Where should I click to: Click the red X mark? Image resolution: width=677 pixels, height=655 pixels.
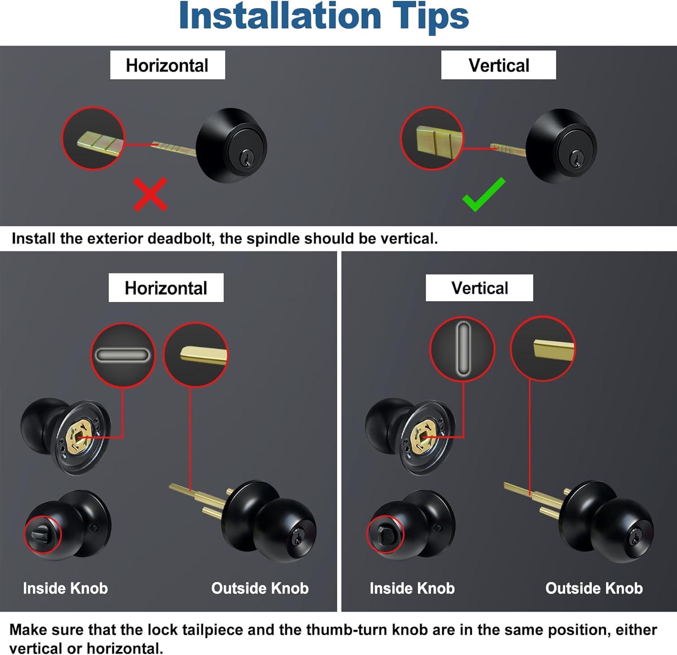coord(151,195)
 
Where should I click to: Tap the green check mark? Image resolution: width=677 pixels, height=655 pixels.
coord(484,195)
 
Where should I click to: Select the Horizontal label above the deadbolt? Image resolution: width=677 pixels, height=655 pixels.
coord(167,65)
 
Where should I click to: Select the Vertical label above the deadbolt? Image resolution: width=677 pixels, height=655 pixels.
coord(498,65)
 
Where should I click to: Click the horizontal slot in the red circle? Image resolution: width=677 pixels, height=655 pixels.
coord(122,355)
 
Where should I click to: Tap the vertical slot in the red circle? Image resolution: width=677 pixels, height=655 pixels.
coord(463,348)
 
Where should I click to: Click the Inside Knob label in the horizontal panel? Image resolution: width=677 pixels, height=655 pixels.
coord(65,588)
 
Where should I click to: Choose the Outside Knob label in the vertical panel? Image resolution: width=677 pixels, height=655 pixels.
coord(594,588)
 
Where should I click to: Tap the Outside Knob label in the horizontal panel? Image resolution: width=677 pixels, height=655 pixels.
coord(260,588)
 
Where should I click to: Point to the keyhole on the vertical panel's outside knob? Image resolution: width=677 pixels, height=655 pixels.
coord(635,537)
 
